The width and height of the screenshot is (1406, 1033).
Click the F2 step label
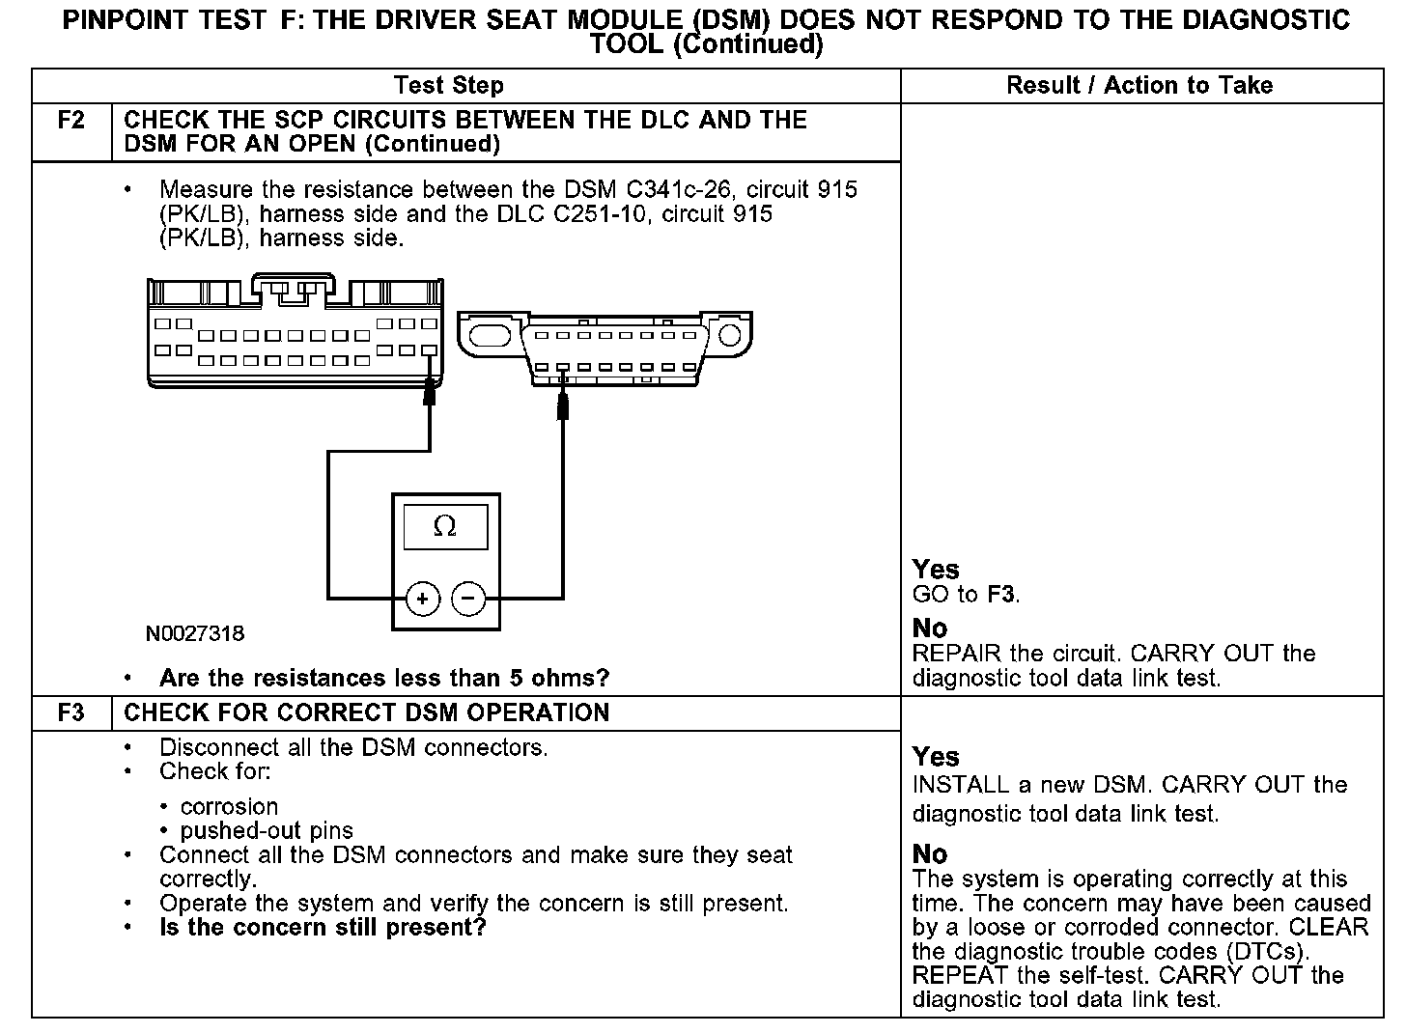tap(71, 121)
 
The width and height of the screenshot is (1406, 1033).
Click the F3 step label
tap(71, 713)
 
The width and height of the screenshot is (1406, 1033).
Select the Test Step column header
tap(449, 86)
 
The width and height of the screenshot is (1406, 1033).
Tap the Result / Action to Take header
tap(1139, 86)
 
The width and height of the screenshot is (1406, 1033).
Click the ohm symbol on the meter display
tap(445, 526)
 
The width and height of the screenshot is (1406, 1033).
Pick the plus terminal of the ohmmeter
tap(423, 600)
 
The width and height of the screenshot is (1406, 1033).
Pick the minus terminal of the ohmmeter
tap(468, 600)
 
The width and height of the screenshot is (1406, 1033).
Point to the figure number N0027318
tap(195, 634)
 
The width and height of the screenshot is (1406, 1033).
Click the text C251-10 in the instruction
tap(598, 214)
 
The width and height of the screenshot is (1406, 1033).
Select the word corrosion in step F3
tap(229, 807)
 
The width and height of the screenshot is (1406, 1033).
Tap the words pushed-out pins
tap(267, 831)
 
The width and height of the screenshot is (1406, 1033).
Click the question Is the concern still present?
tap(323, 929)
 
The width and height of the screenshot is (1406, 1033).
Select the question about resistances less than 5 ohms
tap(384, 679)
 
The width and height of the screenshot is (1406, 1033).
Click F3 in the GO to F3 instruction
tap(1002, 595)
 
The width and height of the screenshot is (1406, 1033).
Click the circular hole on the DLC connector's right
tap(730, 336)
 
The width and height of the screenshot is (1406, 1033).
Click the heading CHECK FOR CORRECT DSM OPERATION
tap(367, 713)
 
